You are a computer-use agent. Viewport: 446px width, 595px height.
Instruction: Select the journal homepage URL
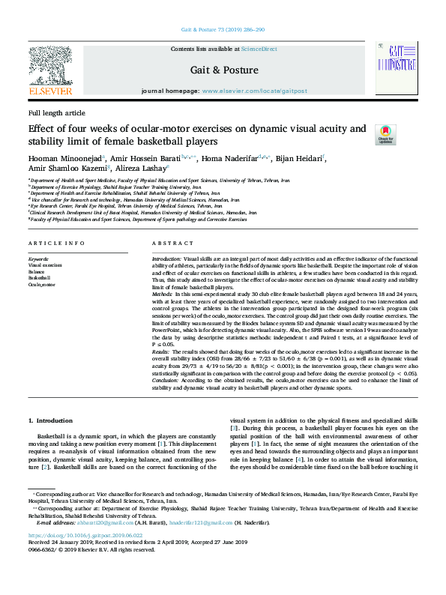[254, 91]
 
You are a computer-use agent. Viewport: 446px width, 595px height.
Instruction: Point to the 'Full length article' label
[57, 112]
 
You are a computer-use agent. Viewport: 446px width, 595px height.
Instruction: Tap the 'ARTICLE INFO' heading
[56, 244]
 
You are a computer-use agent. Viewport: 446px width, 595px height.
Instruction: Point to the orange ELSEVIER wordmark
[50, 91]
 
